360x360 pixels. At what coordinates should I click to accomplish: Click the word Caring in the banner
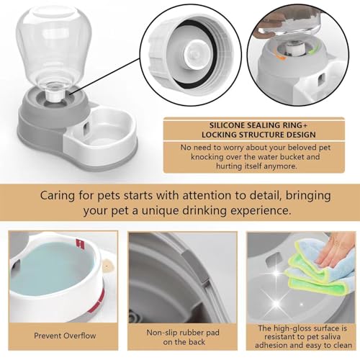tap(58, 196)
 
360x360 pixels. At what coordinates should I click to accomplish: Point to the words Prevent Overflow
tap(65, 336)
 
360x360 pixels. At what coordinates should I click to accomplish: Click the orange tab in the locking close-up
tap(280, 57)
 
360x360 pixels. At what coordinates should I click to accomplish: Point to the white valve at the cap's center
tap(196, 54)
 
